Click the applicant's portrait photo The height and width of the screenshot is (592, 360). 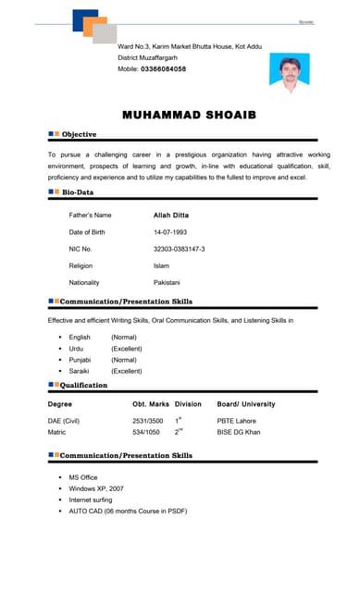coord(290,73)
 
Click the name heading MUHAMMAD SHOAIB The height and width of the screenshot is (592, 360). coord(189,115)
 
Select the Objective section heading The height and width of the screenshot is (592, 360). coord(79,135)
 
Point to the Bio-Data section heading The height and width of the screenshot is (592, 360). coord(78,192)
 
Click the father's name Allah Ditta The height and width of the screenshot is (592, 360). coord(170,215)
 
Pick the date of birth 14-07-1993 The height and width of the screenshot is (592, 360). coord(170,232)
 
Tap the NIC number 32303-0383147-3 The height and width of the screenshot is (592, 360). coord(179,249)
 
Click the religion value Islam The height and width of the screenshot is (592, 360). coord(161,265)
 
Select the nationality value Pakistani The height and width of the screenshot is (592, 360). coord(167,282)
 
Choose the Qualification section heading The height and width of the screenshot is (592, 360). coord(84,385)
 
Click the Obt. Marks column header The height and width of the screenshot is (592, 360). coord(151,404)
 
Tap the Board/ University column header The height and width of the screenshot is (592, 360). coord(246,404)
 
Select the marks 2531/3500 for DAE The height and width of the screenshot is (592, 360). coord(148,421)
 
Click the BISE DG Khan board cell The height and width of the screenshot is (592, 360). coord(239,432)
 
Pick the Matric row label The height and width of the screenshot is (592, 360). coord(56,432)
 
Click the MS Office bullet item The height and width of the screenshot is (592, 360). coord(83,477)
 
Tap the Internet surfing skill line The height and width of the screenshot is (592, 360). coord(90,499)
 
